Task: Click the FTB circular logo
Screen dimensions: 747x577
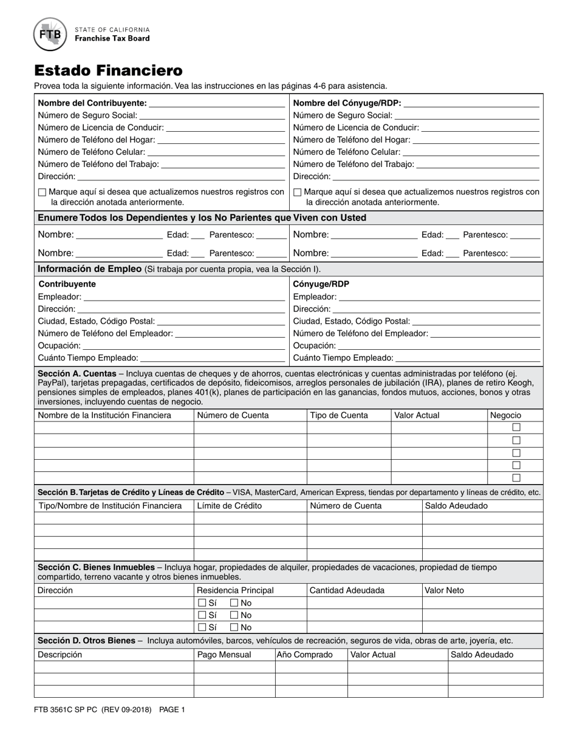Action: (50, 34)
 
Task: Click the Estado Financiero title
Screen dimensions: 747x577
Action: (108, 70)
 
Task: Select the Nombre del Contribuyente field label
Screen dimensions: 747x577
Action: (92, 103)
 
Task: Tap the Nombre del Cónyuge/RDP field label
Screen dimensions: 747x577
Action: (347, 103)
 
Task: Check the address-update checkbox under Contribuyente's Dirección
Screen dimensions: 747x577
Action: (42, 193)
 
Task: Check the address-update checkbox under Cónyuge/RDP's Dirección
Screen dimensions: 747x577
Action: (298, 193)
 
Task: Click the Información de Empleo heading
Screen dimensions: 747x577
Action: (90, 269)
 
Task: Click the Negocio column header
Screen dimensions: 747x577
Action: (505, 415)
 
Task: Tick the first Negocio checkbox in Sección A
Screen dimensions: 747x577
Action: (516, 428)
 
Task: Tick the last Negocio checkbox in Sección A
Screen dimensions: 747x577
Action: (516, 477)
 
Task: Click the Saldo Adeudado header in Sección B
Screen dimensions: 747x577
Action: (456, 505)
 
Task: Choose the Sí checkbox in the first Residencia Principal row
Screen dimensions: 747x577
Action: (202, 603)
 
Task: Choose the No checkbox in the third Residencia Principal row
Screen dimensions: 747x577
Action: (234, 627)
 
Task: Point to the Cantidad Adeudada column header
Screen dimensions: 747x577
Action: (347, 590)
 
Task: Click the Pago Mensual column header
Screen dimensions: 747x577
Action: (224, 655)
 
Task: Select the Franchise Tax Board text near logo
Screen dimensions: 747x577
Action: (112, 38)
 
